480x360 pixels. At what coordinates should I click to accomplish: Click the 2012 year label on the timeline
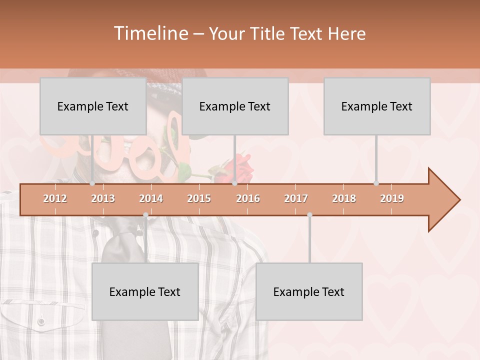point(55,198)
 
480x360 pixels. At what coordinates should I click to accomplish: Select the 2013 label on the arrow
point(103,198)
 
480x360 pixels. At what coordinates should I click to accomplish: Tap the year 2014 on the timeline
point(151,198)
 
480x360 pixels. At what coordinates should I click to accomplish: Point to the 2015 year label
point(199,198)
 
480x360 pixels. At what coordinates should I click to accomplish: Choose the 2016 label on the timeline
point(248,198)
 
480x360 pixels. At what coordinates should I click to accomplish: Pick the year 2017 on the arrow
point(296,198)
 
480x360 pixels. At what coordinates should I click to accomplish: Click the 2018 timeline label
point(344,198)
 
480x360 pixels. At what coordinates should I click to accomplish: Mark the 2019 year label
point(392,198)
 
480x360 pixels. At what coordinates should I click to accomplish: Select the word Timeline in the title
point(150,33)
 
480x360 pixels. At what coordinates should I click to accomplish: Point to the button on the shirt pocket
point(41,321)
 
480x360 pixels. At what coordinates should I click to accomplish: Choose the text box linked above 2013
point(93,106)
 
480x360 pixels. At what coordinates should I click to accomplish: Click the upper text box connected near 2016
point(235,106)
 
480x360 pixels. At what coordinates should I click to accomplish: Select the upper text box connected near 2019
point(377,106)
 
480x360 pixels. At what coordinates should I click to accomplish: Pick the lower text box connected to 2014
point(145,291)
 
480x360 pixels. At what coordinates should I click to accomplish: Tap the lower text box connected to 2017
point(309,291)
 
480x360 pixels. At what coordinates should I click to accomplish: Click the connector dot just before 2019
point(376,183)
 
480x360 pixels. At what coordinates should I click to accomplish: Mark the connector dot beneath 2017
point(309,215)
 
